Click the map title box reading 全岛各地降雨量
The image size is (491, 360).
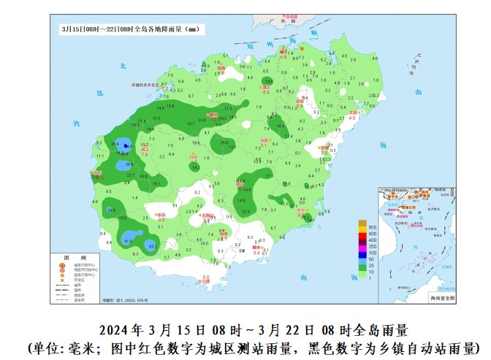(130, 29)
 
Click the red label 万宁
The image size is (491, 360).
(300, 210)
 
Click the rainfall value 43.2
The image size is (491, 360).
(153, 247)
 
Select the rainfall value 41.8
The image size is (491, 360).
(129, 240)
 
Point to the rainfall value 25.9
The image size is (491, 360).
(224, 142)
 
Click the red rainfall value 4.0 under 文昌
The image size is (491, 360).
(352, 118)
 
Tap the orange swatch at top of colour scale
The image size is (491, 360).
(361, 223)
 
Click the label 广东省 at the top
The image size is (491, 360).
(292, 15)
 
